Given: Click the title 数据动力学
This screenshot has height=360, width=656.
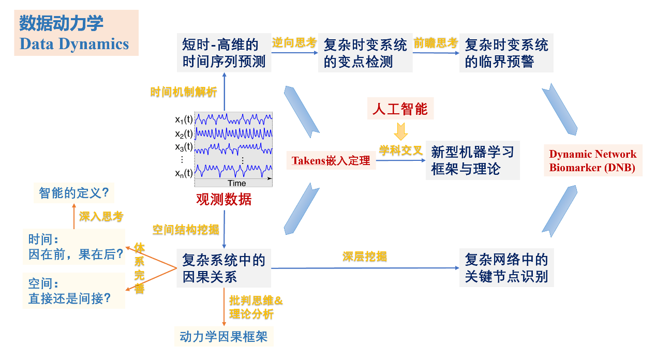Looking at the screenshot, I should click(61, 24).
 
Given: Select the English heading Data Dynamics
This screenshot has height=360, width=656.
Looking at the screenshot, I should click(74, 44).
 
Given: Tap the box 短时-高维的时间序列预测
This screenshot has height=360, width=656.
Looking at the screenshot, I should click(224, 53).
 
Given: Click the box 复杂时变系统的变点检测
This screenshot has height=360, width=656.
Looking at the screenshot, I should click(365, 53).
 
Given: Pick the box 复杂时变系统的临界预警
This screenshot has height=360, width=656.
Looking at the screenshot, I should click(506, 53).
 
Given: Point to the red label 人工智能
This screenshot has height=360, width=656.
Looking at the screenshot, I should click(400, 109).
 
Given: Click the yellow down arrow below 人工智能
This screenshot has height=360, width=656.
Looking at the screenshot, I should click(400, 131).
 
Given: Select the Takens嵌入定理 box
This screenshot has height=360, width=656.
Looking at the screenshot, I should click(331, 160).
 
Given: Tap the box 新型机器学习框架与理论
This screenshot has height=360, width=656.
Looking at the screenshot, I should click(472, 160).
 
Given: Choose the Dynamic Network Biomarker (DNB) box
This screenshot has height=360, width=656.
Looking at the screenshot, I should click(593, 161).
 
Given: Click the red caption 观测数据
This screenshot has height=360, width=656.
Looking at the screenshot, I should click(223, 200).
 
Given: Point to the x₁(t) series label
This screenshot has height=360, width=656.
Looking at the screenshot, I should click(184, 120).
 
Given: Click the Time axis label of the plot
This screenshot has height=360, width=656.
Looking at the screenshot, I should click(237, 183).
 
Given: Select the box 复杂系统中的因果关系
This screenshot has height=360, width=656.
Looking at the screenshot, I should click(224, 268).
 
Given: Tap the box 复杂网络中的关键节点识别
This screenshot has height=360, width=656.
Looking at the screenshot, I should click(506, 268).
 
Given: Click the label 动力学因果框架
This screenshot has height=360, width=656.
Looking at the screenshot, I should click(223, 337).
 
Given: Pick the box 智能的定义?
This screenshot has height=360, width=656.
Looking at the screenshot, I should click(73, 193).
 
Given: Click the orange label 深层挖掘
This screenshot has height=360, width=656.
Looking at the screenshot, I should click(365, 257).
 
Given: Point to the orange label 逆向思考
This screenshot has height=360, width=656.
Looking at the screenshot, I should click(294, 43).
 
